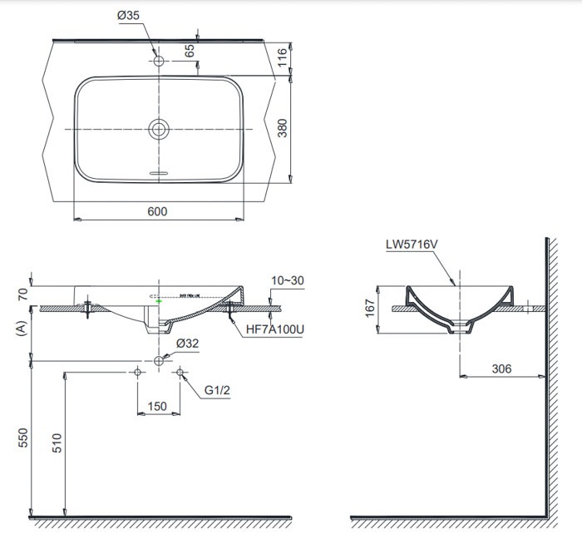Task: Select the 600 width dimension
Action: click(157, 211)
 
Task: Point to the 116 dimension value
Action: click(283, 57)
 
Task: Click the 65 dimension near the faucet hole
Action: click(189, 50)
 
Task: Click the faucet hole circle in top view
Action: click(158, 61)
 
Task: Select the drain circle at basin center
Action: click(158, 128)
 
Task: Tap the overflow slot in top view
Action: click(158, 173)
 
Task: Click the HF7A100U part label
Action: click(275, 330)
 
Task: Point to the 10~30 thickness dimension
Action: click(286, 282)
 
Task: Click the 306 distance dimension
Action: click(502, 368)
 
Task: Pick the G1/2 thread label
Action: click(219, 390)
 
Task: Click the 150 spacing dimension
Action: click(157, 406)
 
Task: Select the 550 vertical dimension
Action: click(23, 438)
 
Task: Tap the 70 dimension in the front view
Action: click(22, 293)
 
